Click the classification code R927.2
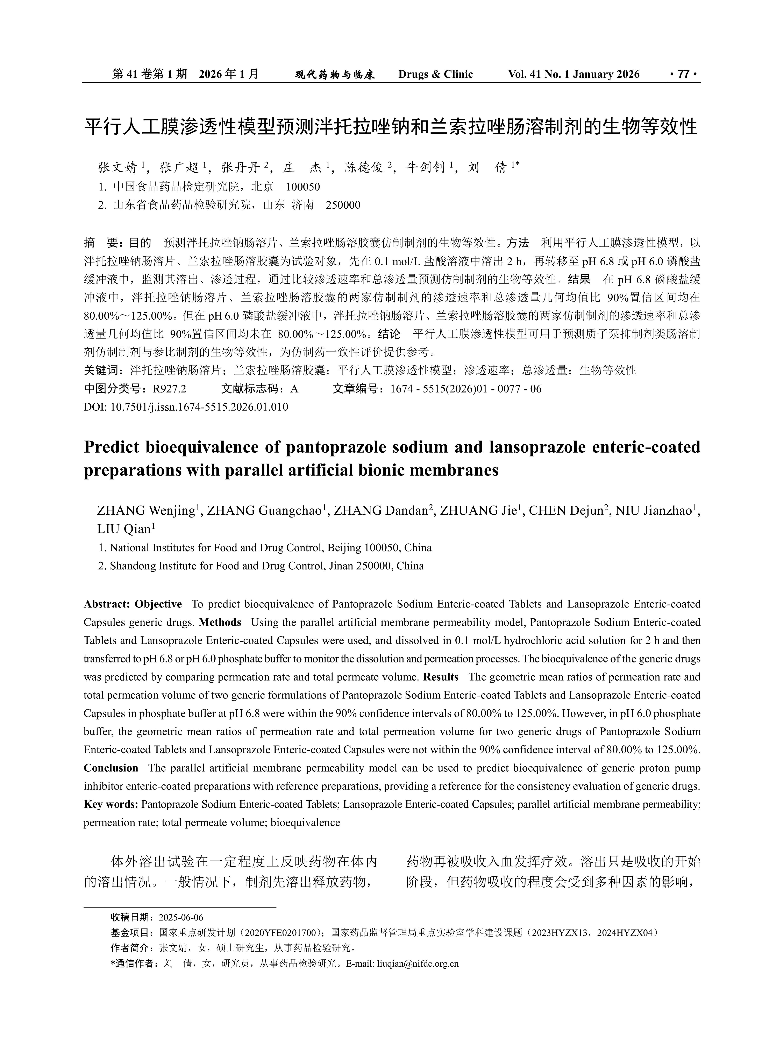[169, 389]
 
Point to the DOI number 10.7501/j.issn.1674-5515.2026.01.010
[199, 407]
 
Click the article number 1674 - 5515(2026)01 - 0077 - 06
[465, 389]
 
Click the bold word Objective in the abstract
[158, 604]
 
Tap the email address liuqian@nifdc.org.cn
[418, 964]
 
